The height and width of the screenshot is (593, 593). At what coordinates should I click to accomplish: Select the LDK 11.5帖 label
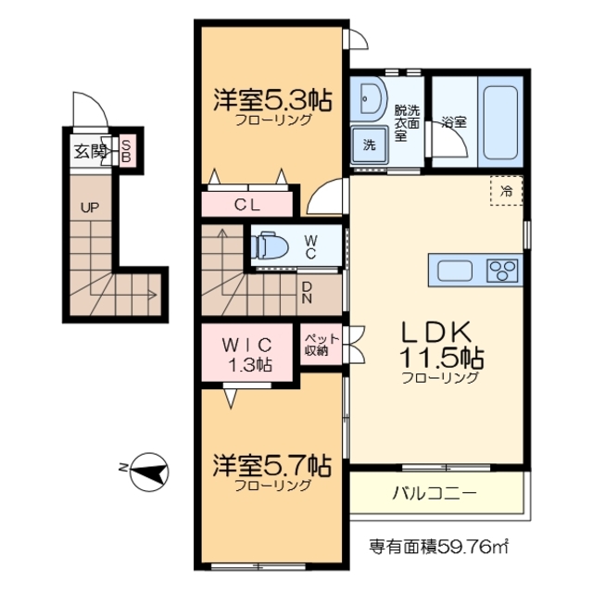coord(439,343)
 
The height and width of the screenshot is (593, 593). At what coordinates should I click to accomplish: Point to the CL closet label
coord(246,205)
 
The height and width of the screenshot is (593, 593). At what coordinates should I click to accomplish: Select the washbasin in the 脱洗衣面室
coord(372,100)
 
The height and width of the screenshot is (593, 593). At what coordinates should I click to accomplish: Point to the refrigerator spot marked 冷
coord(506,191)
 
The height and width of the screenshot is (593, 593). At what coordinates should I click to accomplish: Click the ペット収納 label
coord(316,344)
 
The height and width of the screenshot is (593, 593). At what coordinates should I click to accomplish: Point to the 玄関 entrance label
coord(90,151)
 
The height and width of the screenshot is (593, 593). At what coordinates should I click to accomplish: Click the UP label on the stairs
coord(89,208)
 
